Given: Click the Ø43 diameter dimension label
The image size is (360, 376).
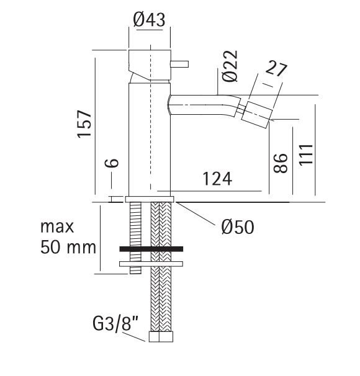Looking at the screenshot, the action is [x=149, y=20].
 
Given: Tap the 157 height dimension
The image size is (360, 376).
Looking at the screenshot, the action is [x=84, y=123].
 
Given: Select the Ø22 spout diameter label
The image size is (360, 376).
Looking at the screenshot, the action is [x=230, y=66].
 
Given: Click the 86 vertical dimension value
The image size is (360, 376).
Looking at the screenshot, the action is [x=281, y=163].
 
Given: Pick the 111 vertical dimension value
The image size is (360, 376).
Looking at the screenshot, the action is [x=306, y=154].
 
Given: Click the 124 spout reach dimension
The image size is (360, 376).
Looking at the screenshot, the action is [x=217, y=179].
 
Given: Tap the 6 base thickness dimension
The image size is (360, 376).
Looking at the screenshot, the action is [x=112, y=163].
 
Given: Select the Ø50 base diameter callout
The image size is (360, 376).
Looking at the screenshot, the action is [x=238, y=227].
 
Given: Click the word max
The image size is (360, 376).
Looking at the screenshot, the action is [x=57, y=227].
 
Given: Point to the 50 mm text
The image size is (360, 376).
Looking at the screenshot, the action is [x=68, y=247].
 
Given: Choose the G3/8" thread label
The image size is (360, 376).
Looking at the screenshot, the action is [x=115, y=323].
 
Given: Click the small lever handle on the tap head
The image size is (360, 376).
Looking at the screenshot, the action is [x=179, y=65].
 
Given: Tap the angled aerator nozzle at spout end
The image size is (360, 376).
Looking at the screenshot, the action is [x=257, y=115].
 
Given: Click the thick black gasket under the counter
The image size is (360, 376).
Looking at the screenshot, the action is [x=151, y=249].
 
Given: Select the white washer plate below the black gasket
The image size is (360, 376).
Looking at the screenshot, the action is [x=151, y=264].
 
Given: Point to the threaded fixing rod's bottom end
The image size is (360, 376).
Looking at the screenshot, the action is [x=135, y=273].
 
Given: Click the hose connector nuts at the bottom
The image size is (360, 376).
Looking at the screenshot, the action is [x=161, y=337].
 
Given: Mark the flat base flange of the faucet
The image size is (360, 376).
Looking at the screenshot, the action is [x=150, y=199].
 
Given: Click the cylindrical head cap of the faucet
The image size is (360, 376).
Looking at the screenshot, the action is [x=150, y=65].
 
